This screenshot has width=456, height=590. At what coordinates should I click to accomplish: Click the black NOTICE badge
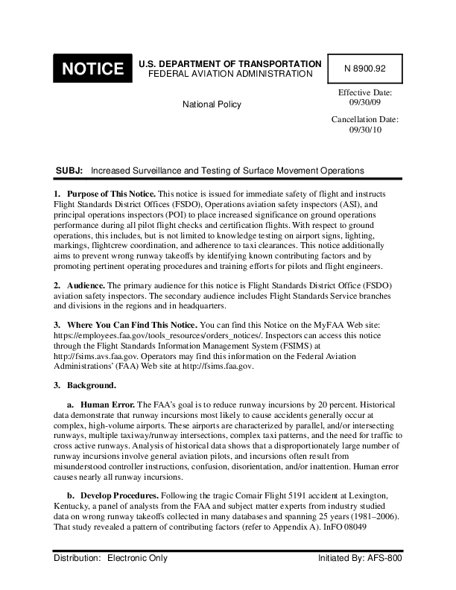[x=92, y=69]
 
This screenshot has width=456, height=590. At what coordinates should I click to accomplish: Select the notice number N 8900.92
[x=365, y=68]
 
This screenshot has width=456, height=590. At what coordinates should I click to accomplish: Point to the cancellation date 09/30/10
[x=365, y=130]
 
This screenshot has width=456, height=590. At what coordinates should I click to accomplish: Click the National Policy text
[x=212, y=104]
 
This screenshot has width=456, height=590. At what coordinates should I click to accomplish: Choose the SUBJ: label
[x=69, y=171]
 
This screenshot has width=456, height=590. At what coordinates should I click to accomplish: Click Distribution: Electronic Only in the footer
[x=110, y=558]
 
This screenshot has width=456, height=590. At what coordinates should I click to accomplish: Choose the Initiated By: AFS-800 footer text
[x=360, y=558]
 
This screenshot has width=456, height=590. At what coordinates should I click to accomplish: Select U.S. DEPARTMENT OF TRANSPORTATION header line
[x=230, y=64]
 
